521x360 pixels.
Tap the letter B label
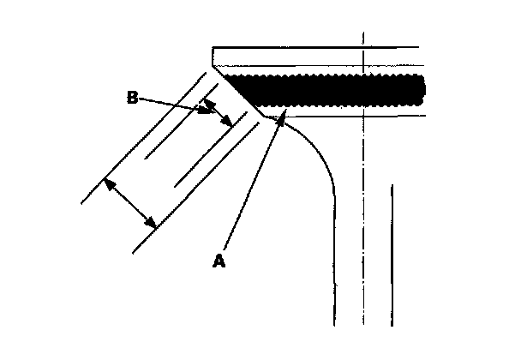click(x=133, y=99)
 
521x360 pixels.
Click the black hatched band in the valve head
click(x=334, y=89)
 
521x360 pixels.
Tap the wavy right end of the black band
click(x=422, y=89)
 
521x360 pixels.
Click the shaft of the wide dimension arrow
click(x=129, y=203)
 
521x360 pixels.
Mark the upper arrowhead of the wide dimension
click(x=105, y=183)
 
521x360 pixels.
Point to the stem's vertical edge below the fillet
click(x=333, y=266)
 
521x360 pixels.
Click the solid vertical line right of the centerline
click(x=392, y=257)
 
